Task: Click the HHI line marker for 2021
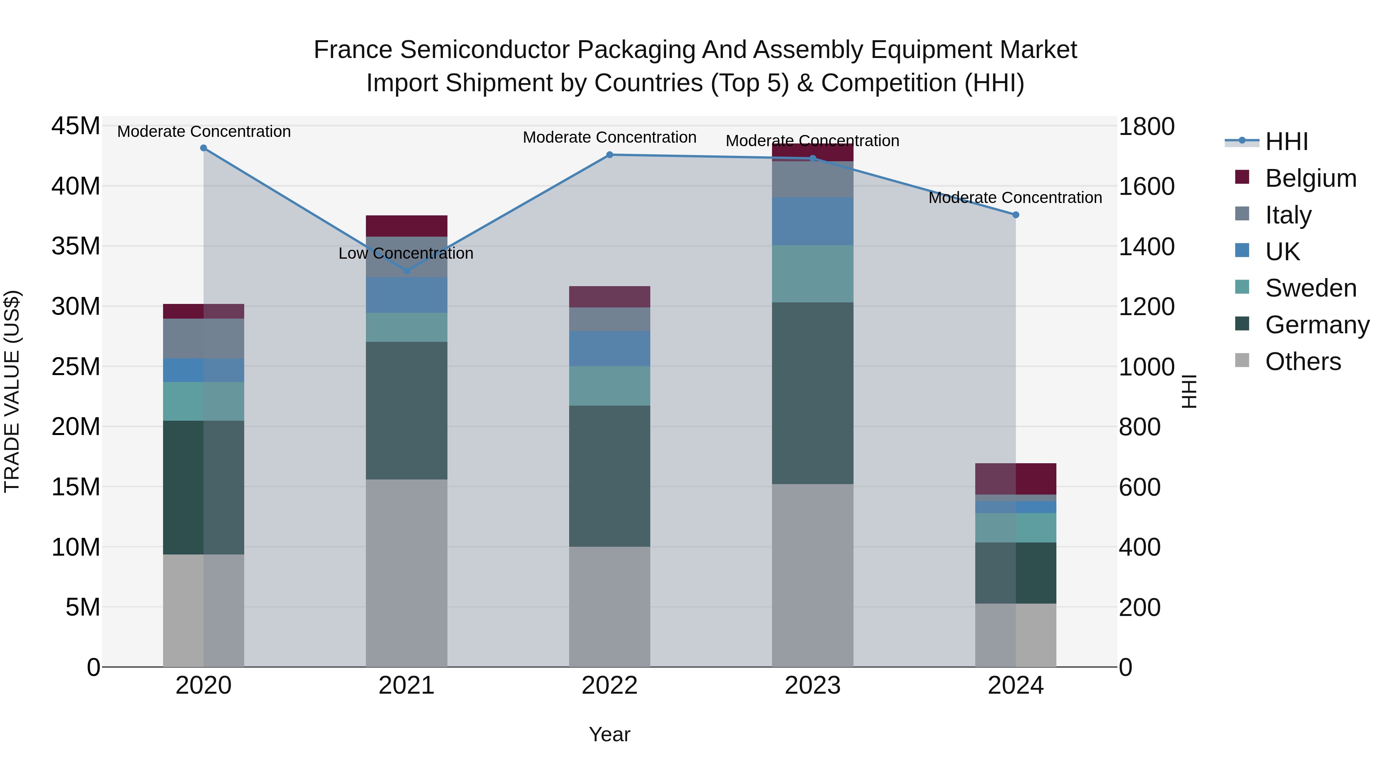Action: [x=406, y=271]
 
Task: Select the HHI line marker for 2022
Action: [x=610, y=155]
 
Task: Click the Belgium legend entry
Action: [x=1311, y=178]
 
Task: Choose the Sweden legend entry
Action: [x=1311, y=288]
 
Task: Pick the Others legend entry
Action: [x=1303, y=362]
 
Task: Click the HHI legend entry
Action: [x=1286, y=142]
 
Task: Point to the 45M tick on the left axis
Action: [x=76, y=126]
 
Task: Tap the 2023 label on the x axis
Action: [x=812, y=686]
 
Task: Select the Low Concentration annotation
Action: [x=406, y=253]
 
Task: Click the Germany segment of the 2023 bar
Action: [x=812, y=393]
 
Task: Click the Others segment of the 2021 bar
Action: [x=406, y=573]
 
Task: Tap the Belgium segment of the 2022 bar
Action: [x=610, y=297]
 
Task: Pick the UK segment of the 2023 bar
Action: [x=812, y=221]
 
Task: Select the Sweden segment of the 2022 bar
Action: [x=610, y=386]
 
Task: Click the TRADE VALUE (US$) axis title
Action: [x=12, y=391]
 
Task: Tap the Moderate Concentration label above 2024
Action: [x=1015, y=198]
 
